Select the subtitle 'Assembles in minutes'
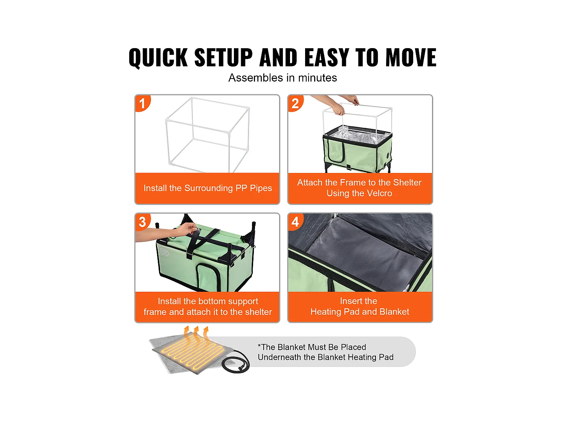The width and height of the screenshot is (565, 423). [x=282, y=77]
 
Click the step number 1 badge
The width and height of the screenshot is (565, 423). [x=142, y=103]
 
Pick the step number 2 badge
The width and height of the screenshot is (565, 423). [x=295, y=103]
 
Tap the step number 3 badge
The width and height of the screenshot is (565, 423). [x=142, y=221]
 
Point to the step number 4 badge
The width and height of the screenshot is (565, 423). [x=295, y=221]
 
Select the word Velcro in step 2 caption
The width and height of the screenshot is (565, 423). [x=379, y=193]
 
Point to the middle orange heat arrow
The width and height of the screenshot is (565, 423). [x=196, y=334]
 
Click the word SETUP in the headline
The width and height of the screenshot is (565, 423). [x=223, y=57]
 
